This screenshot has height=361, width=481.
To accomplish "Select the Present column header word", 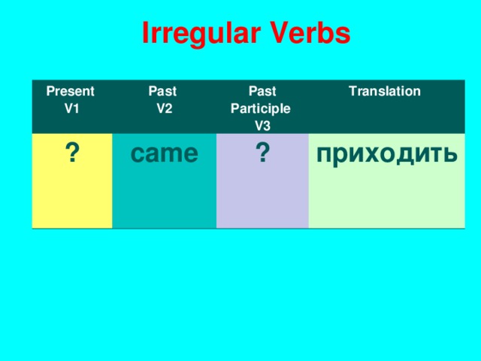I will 70,92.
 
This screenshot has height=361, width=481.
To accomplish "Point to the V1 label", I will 72,108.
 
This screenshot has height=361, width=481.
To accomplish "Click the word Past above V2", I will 162,92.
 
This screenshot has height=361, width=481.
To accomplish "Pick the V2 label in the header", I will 165,108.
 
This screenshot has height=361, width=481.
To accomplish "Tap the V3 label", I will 262,124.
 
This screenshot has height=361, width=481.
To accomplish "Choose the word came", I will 164,153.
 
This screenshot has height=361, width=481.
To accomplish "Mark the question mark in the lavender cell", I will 262,153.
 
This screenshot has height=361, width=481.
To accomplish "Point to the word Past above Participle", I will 261,92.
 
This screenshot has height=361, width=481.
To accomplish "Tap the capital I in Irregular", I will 145,34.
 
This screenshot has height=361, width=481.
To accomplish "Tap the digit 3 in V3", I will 267,124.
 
